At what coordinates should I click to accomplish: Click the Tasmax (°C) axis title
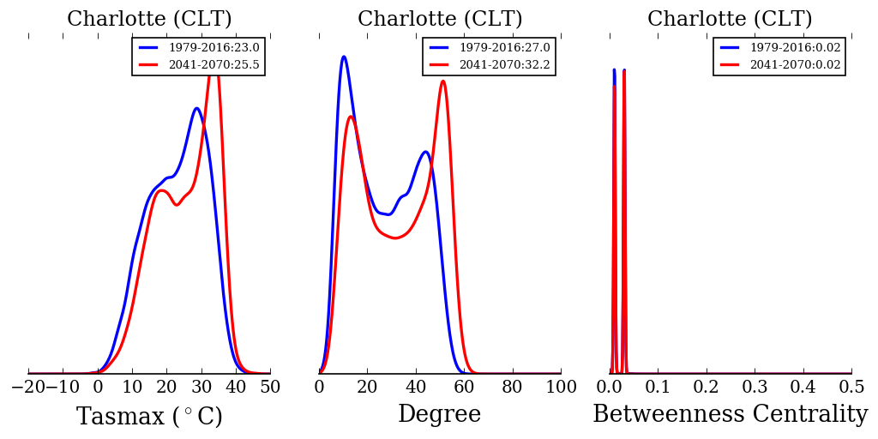(149, 417)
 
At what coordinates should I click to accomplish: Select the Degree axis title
(439, 415)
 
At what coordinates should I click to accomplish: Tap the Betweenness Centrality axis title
(730, 415)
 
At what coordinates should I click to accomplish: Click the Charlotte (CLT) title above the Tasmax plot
(149, 19)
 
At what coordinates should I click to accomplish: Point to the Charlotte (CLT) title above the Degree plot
(440, 19)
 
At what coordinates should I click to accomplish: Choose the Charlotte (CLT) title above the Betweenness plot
(730, 19)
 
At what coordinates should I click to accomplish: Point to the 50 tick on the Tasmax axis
(270, 387)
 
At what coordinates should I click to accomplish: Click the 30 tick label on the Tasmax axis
(201, 387)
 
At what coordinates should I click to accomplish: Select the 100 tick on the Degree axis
(561, 387)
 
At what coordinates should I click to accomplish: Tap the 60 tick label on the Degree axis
(464, 387)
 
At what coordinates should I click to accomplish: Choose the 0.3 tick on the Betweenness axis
(755, 387)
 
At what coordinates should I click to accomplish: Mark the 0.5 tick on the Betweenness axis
(851, 387)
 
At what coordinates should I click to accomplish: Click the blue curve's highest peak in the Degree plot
(344, 57)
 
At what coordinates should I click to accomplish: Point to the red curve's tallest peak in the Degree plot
(442, 81)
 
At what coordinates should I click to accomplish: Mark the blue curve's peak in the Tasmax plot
(196, 108)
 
